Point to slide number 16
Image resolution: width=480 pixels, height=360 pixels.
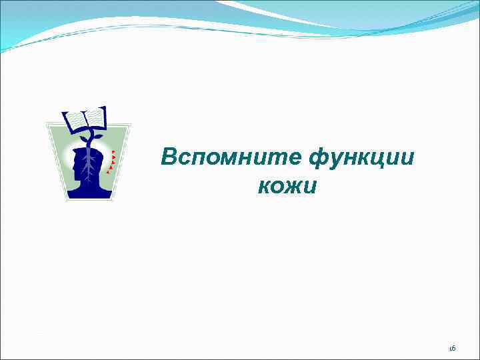pyautogui.click(x=452, y=348)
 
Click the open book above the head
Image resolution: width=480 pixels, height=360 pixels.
pyautogui.click(x=85, y=120)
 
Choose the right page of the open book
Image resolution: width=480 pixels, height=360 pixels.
pyautogui.click(x=95, y=117)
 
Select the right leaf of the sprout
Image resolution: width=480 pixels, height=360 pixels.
pyautogui.click(x=97, y=135)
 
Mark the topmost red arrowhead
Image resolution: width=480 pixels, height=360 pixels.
pyautogui.click(x=113, y=153)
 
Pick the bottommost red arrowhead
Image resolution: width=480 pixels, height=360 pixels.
pyautogui.click(x=108, y=172)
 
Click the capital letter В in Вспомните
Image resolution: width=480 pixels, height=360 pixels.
pyautogui.click(x=169, y=157)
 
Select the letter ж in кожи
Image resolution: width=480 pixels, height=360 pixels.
pyautogui.click(x=288, y=186)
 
